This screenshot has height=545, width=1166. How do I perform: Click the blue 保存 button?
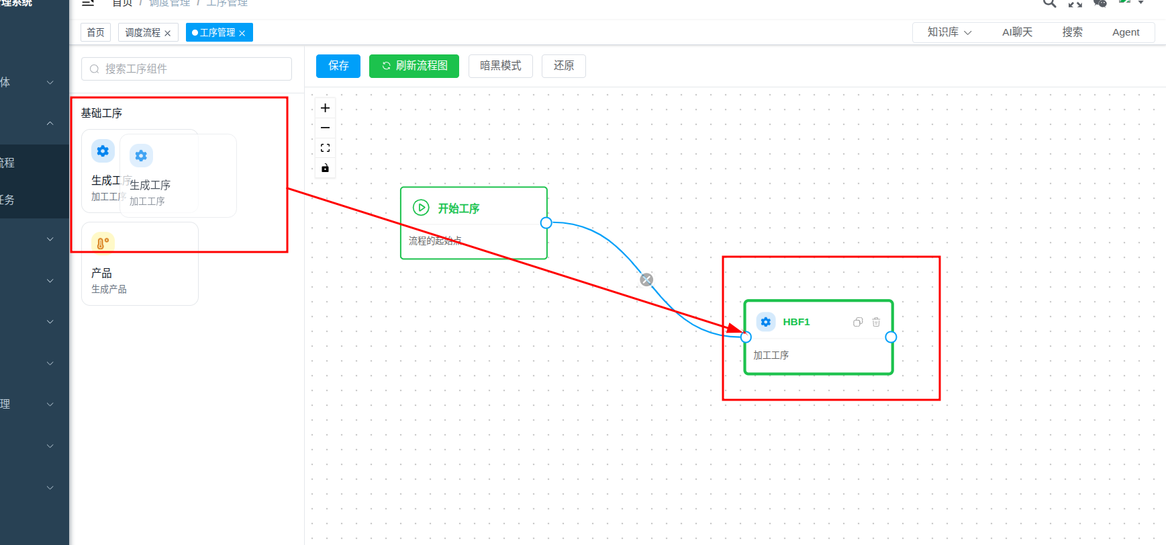click(338, 66)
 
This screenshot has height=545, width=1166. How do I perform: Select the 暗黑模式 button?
click(500, 66)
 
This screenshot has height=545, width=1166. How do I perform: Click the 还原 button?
click(563, 66)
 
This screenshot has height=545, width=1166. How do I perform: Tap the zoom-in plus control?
click(325, 108)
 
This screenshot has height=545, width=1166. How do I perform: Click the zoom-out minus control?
click(325, 128)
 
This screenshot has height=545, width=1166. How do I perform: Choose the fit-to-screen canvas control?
click(325, 148)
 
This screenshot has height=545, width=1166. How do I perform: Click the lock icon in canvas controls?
click(325, 168)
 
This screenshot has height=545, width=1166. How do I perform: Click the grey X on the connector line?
click(646, 280)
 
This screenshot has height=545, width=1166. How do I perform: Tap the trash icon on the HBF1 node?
click(876, 322)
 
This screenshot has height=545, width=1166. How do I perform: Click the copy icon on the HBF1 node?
click(857, 322)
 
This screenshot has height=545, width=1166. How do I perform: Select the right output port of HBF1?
click(891, 337)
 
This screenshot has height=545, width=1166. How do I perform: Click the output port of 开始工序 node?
click(546, 223)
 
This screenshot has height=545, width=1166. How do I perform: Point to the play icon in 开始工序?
click(421, 208)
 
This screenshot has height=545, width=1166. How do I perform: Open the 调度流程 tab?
click(142, 32)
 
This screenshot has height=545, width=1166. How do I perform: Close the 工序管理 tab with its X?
click(242, 33)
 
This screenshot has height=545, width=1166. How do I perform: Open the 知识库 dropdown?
click(949, 32)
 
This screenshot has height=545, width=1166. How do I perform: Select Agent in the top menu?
click(1126, 32)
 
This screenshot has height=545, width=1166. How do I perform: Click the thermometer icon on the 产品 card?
click(103, 243)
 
